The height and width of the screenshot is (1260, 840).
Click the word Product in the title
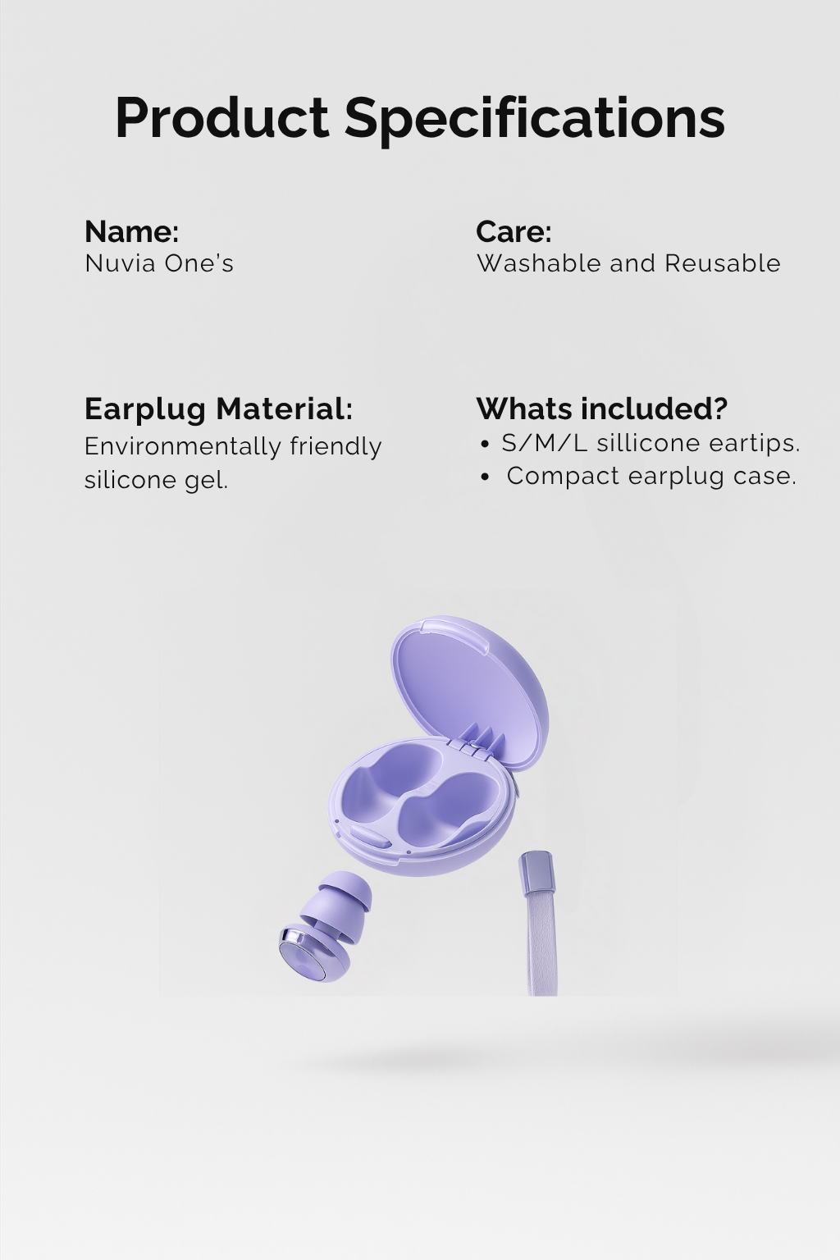pos(222,117)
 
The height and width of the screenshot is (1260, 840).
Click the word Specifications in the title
pos(535,121)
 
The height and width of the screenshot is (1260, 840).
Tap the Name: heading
pos(131,231)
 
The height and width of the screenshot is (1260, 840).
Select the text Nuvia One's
pos(159,263)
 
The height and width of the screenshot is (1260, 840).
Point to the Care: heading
pos(514,231)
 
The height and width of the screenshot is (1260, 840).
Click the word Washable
pos(538,263)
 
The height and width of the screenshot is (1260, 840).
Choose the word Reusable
pos(723,263)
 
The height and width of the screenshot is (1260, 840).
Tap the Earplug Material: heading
pos(219,409)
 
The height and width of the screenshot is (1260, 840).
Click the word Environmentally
pos(182,447)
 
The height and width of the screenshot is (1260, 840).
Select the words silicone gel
pos(157,480)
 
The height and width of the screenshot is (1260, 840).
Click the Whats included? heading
pos(602,409)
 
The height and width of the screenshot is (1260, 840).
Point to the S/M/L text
pos(544,443)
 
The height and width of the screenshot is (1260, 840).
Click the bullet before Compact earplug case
pos(486,477)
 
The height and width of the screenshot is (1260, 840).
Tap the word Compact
pos(564,477)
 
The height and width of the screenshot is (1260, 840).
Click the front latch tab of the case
pos(370,837)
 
